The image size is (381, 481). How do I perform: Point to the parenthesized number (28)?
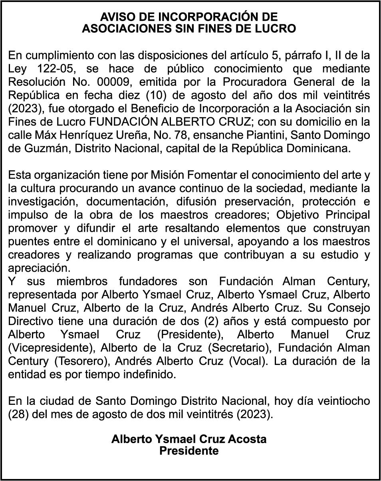click(17, 414)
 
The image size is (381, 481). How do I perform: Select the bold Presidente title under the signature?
click(189, 451)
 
